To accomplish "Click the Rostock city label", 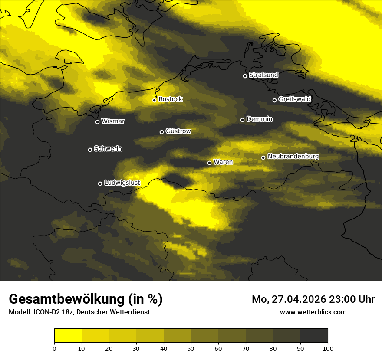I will click(x=171, y=99).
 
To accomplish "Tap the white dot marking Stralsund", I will click(x=245, y=76).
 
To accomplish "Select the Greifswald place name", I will click(x=294, y=99).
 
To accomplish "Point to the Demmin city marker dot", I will click(x=242, y=120).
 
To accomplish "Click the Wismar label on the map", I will click(x=113, y=121).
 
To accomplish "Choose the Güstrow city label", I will click(x=178, y=131).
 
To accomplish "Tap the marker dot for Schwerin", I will click(x=90, y=150).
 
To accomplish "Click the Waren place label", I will click(x=223, y=162).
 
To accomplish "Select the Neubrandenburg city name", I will click(x=293, y=157).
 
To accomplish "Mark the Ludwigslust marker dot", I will click(x=100, y=183).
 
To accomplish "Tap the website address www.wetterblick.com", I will click(x=313, y=312).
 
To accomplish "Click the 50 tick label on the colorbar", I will click(x=191, y=348).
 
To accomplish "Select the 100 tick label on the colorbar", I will click(x=327, y=348).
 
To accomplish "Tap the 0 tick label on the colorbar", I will click(x=54, y=348).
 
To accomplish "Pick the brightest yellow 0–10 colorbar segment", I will click(x=68, y=336).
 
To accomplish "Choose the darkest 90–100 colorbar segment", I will click(x=314, y=336).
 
